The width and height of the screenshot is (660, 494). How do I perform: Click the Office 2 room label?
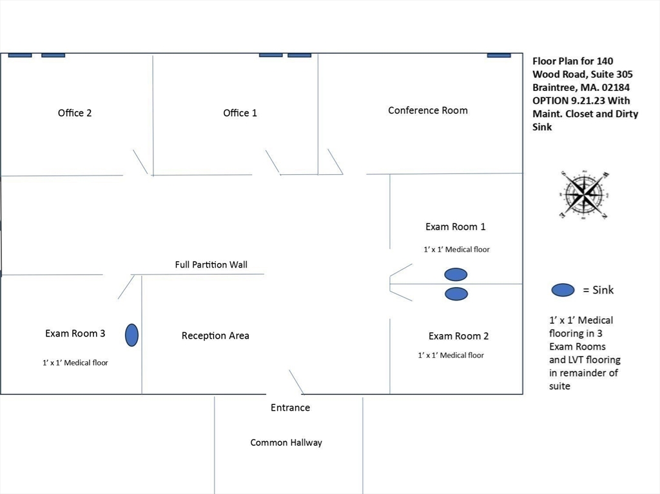75,113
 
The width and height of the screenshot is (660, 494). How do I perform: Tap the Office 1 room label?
240,113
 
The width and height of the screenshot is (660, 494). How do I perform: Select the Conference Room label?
428,110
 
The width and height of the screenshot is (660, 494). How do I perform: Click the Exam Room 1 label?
456,226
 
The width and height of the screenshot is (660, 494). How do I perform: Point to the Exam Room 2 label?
458,336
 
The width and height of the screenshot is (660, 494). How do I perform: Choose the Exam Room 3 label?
75,333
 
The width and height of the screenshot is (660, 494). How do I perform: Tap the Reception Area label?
215,335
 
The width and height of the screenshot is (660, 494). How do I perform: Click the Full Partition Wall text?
211,264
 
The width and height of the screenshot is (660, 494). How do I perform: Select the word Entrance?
290,408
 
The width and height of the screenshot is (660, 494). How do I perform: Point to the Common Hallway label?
286,442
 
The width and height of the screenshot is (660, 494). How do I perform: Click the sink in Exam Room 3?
131,335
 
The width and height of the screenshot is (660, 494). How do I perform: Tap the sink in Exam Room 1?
456,275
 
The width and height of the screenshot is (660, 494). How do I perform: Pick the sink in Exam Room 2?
456,294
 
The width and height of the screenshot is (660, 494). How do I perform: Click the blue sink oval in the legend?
563,290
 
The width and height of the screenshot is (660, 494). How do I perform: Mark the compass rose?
584,195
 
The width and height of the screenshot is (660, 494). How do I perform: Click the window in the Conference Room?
499,55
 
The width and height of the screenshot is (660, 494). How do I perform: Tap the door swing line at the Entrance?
296,382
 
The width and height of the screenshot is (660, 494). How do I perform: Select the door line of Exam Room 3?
126,287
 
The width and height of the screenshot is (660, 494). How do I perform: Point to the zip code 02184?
615,88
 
